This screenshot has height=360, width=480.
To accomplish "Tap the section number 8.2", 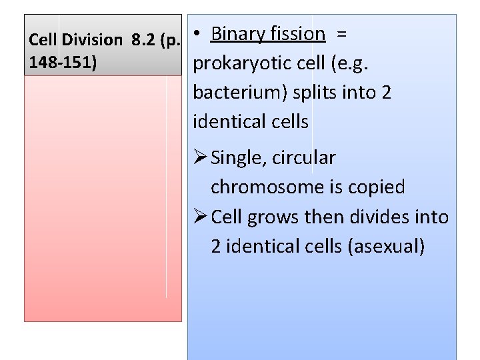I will click(145, 40).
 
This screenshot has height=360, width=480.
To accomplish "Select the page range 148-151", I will click(63, 63).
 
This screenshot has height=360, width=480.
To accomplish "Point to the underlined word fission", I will click(298, 33).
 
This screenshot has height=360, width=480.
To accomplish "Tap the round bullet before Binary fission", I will click(198, 34).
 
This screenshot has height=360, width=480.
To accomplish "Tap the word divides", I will click(373, 217).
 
